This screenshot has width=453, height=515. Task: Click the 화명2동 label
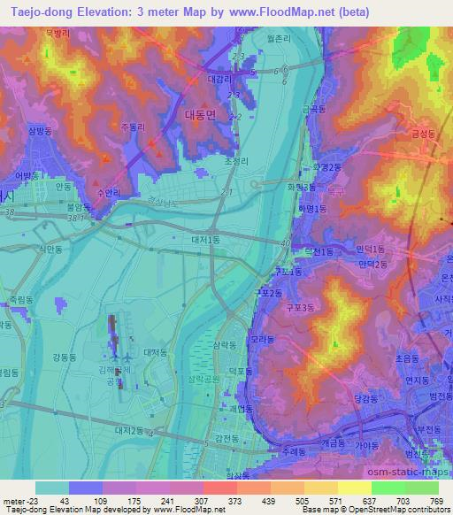pos(326,165)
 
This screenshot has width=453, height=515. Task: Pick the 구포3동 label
pos(300,307)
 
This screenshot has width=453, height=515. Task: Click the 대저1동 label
pos(205,238)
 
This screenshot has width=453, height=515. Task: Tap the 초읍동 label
pos(406,359)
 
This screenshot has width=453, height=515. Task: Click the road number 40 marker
pos(283,242)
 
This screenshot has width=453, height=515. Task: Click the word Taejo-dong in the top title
pos(35,12)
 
